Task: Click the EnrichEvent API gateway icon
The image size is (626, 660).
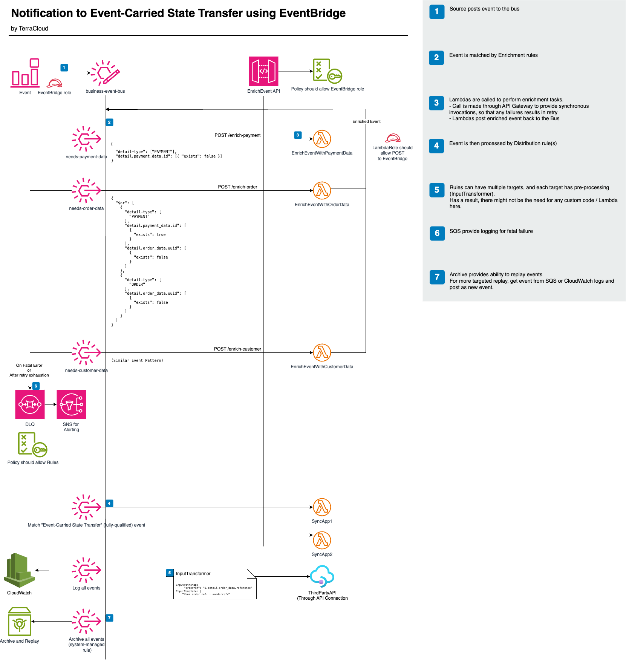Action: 263,71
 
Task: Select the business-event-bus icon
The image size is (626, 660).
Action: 105,72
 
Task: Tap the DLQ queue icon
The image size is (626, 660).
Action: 30,404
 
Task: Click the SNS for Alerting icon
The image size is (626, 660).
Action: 71,404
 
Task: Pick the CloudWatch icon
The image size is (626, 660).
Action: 20,570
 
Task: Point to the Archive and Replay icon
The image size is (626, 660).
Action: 20,622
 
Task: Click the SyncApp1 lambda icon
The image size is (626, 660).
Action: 322,507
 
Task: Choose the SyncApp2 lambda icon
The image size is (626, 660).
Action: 322,541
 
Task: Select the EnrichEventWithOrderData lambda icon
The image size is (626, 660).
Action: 322,191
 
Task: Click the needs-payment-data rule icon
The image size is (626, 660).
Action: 86,139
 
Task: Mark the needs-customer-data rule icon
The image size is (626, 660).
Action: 86,353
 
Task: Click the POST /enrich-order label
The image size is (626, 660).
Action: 237,187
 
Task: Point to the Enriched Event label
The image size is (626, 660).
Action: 366,121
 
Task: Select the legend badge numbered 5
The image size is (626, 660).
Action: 437,190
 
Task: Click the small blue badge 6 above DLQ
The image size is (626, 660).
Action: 36,386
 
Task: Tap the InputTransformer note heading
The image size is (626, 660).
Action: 193,574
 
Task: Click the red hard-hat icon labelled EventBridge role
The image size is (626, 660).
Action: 55,83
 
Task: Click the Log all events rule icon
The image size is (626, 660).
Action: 86,570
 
